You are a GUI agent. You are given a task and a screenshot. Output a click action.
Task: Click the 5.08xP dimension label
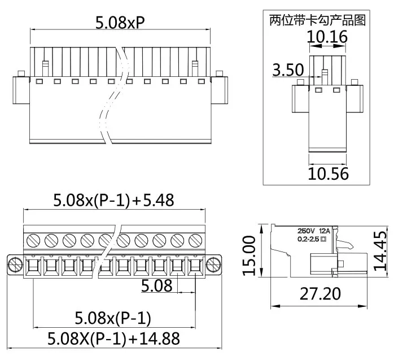pyautogui.click(x=120, y=23)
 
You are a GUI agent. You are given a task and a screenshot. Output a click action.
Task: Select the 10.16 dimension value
pyautogui.click(x=327, y=37)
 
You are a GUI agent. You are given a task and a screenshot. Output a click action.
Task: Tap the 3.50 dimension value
pyautogui.click(x=288, y=70)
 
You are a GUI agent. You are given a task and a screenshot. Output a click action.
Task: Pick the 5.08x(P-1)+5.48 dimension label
pyautogui.click(x=113, y=200)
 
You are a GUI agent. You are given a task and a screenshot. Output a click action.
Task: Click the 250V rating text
pyautogui.click(x=307, y=231)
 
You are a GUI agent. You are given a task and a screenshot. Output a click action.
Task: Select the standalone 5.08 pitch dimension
pyautogui.click(x=156, y=286)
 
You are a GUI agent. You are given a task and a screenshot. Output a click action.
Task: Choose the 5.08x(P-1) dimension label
pyautogui.click(x=113, y=318)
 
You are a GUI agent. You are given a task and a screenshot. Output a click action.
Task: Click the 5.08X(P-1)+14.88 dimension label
pyautogui.click(x=113, y=339)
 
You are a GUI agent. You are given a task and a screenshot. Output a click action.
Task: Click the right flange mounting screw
pyautogui.click(x=213, y=264)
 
